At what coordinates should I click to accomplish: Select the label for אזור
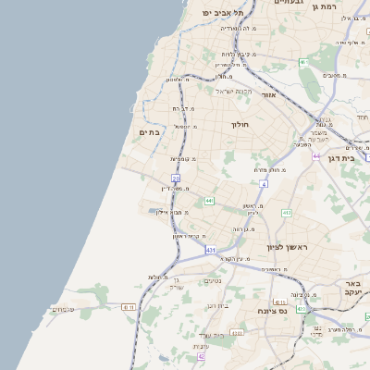click(x=269, y=94)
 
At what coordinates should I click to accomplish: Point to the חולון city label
click(x=241, y=123)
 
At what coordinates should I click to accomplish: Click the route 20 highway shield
click(x=175, y=177)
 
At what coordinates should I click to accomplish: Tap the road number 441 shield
click(x=210, y=201)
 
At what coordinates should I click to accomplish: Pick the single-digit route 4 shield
click(x=263, y=184)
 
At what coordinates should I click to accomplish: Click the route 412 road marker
click(x=287, y=213)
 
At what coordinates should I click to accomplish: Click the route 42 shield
click(x=201, y=355)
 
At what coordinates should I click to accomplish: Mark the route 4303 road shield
click(x=237, y=332)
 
